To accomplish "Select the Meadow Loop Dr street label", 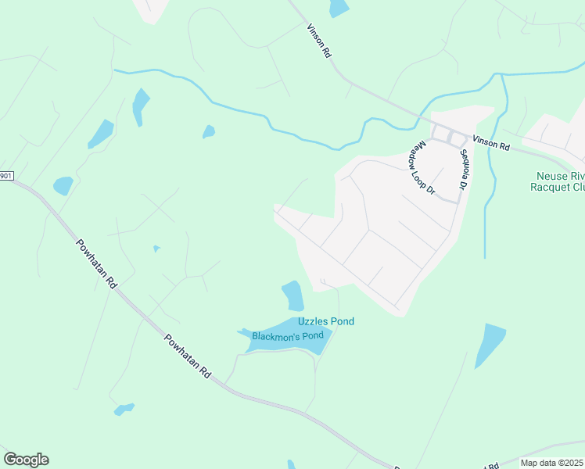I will [x=421, y=167].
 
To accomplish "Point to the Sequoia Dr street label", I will [x=463, y=170].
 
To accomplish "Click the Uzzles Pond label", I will [x=325, y=321].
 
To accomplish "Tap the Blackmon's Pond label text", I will [x=287, y=336].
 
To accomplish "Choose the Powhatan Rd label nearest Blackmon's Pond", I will [x=188, y=357].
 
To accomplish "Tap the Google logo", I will [x=26, y=459].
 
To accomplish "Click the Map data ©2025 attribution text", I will [x=551, y=463].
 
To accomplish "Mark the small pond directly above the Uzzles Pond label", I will [x=292, y=295].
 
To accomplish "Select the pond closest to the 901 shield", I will [x=63, y=185].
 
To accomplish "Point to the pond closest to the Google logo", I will [x=124, y=409].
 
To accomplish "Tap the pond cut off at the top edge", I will [x=339, y=8].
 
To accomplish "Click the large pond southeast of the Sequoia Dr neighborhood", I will [x=490, y=344].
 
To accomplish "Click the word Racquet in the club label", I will [x=552, y=187].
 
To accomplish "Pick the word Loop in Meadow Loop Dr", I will [x=421, y=167].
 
